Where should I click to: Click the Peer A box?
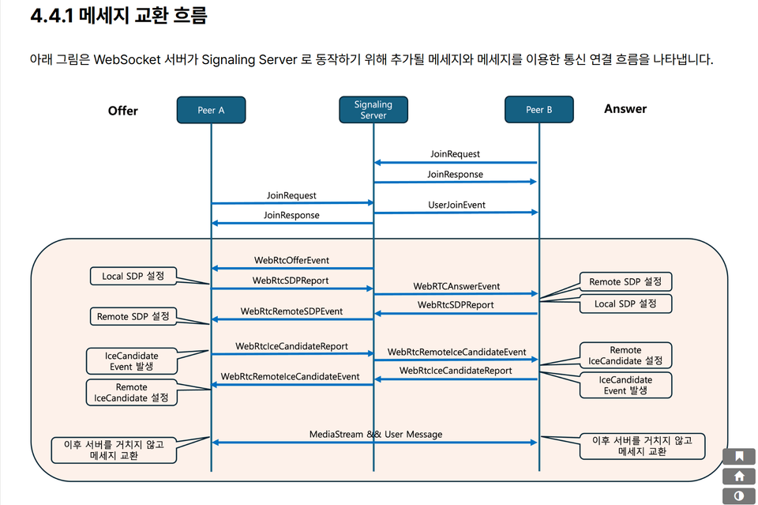(x=211, y=110)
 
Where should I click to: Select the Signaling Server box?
(x=373, y=110)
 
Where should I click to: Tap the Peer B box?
(x=539, y=110)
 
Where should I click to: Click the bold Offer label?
(x=122, y=111)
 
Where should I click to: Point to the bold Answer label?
(x=625, y=109)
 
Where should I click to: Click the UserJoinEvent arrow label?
(x=456, y=205)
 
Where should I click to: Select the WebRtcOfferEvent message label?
(x=291, y=260)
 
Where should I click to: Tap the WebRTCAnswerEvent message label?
(x=456, y=286)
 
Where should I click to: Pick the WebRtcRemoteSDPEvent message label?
(x=291, y=311)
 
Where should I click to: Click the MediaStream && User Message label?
(x=376, y=434)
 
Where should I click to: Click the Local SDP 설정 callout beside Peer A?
(x=133, y=277)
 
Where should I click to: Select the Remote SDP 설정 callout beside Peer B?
(x=625, y=281)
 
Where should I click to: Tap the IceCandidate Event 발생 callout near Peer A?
(x=132, y=361)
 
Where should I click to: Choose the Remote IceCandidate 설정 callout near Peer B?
(x=625, y=355)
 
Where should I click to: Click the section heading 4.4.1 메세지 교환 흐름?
(x=118, y=17)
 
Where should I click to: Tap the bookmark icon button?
(x=739, y=456)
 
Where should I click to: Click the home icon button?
(x=739, y=476)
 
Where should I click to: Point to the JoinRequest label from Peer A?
(x=291, y=195)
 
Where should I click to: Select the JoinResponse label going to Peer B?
(x=455, y=174)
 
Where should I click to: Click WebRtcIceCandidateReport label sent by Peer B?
(x=455, y=371)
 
